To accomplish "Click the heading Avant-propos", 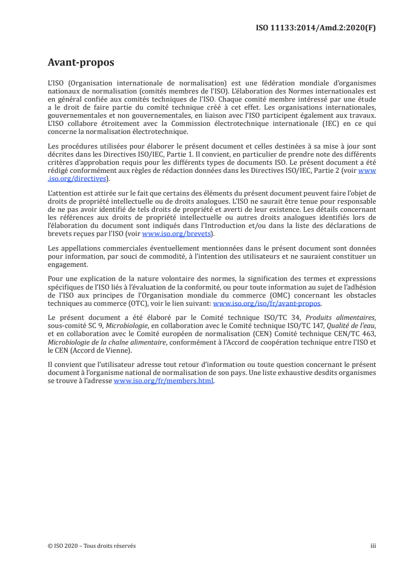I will (x=80, y=63).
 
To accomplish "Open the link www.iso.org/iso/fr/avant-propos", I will (x=267, y=304).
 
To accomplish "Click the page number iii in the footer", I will (x=373, y=546).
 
